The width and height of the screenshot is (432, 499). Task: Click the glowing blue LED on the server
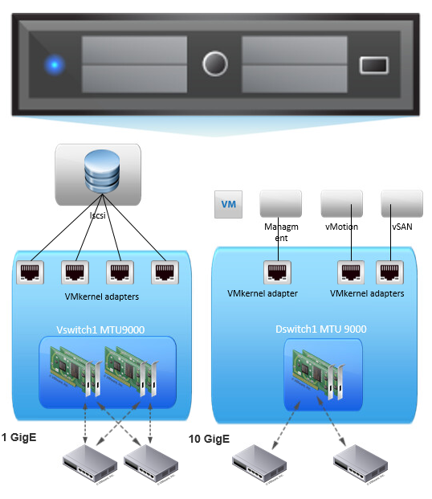coord(55,64)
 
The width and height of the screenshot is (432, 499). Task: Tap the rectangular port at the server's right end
coord(373,65)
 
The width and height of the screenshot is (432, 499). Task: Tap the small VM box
coord(229,204)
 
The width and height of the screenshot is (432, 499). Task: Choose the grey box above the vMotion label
coord(341,203)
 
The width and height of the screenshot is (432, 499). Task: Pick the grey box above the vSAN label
coord(401,203)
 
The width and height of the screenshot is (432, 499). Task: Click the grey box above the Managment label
coord(280,203)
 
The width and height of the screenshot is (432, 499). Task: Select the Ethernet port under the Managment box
coord(277,272)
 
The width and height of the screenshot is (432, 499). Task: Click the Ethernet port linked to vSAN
coord(388,272)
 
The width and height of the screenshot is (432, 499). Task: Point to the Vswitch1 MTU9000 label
coord(101,329)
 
